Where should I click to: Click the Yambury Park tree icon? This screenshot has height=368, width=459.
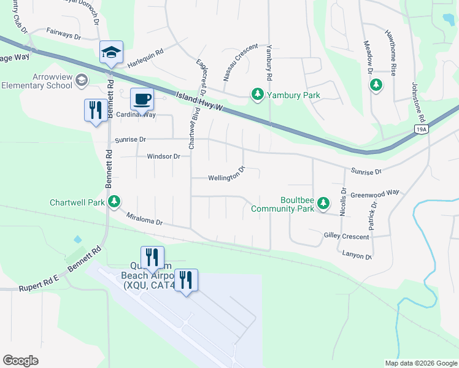[x=258, y=94]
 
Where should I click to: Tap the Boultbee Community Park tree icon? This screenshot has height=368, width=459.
[x=324, y=204]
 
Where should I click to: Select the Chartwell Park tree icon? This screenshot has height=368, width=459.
[x=114, y=201]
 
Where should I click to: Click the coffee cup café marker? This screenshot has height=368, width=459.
[x=142, y=99]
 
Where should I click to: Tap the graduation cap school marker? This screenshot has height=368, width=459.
[x=111, y=53]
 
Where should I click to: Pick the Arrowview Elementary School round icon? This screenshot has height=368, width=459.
[x=82, y=80]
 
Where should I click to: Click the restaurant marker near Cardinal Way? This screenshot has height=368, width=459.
[x=94, y=110]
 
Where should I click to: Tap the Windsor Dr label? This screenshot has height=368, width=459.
[x=163, y=156]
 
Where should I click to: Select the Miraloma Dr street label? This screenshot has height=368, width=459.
[x=144, y=219]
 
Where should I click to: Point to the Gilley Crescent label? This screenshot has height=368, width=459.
[x=346, y=236]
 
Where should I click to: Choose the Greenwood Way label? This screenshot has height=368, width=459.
[x=374, y=194]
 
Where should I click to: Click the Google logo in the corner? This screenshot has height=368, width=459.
[x=20, y=360]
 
